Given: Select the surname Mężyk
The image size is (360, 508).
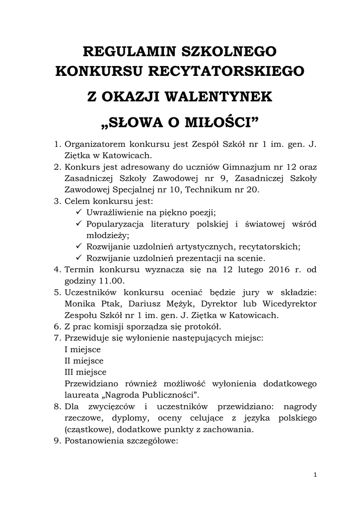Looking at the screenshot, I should [x=163, y=304].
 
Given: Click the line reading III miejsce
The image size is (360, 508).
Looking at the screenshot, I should [x=85, y=372].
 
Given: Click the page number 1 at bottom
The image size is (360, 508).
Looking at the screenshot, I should [x=315, y=475].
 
